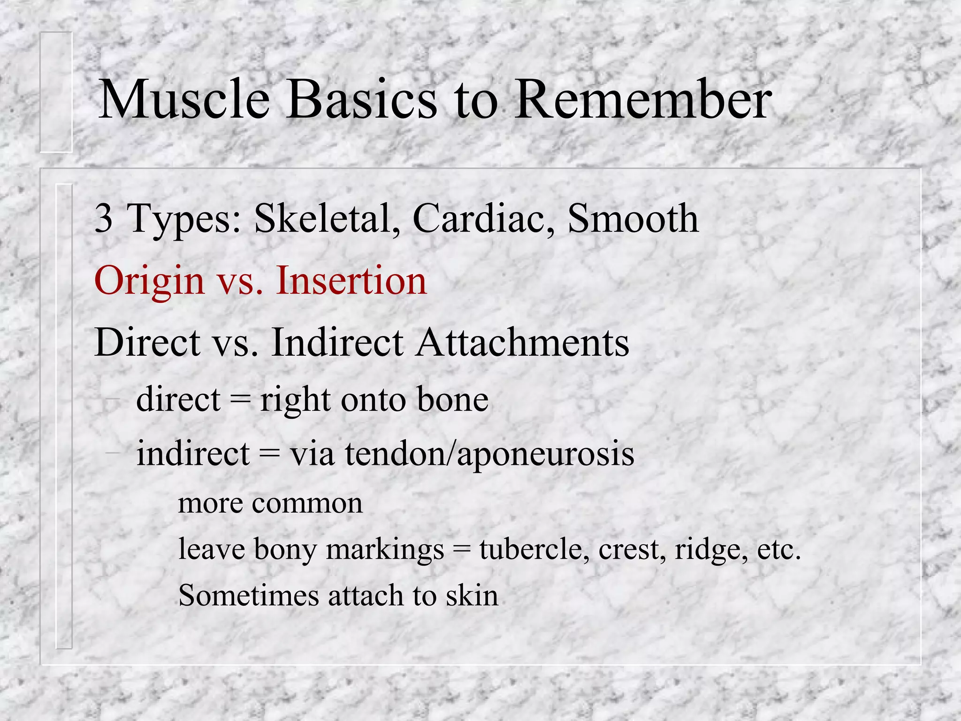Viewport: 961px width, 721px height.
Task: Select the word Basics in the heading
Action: [362, 100]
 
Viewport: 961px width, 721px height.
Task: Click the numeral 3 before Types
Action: [104, 219]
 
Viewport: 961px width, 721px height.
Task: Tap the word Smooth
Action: [633, 219]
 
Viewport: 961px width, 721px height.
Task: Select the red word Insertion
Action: [351, 281]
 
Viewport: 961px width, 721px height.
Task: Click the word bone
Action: [452, 400]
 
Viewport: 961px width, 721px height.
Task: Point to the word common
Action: [307, 504]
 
